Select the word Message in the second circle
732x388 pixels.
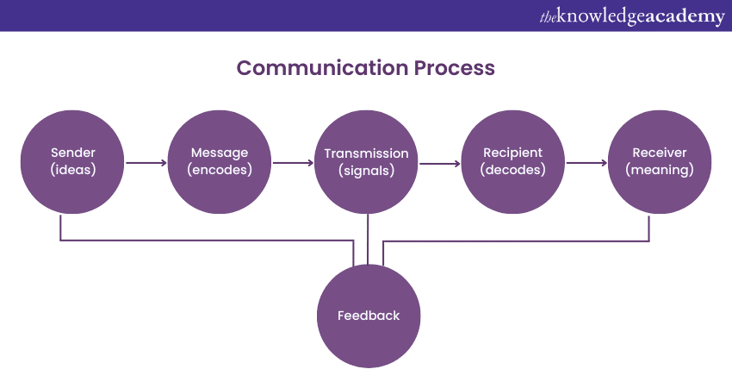(x=220, y=153)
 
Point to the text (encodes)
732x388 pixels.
(x=220, y=170)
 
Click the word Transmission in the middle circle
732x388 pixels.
(x=367, y=153)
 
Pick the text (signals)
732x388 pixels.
(x=367, y=170)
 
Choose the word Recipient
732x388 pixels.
(x=513, y=153)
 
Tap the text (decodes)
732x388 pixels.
(x=513, y=170)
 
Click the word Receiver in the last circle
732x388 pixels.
(x=660, y=153)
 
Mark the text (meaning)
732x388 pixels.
(x=660, y=170)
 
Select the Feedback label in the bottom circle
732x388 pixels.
(x=369, y=316)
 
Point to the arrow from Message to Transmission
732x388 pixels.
(x=293, y=161)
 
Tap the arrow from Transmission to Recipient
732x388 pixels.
(x=441, y=161)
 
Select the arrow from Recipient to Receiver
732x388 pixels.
(x=587, y=161)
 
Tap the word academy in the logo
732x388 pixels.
(x=685, y=16)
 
